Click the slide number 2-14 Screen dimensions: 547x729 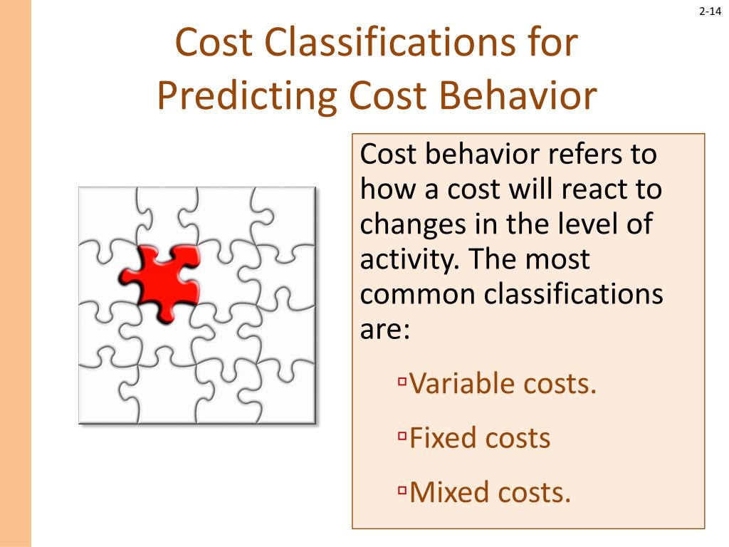point(710,11)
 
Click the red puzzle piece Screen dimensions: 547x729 point(161,282)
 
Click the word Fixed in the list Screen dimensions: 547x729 point(442,437)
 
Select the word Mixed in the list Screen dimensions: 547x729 point(445,491)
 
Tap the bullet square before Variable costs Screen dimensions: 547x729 point(402,382)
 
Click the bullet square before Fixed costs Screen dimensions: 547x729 point(402,435)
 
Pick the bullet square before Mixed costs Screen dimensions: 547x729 point(402,489)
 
